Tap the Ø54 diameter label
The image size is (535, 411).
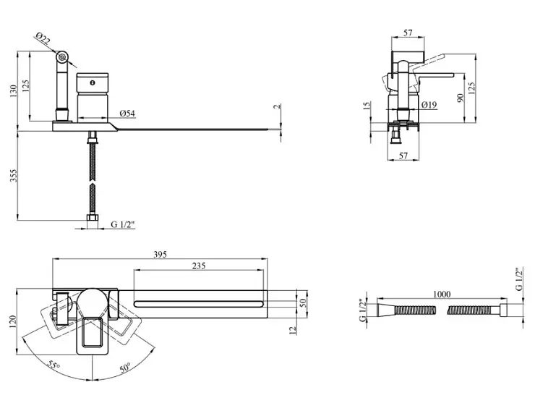(127, 114)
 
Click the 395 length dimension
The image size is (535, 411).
(160, 254)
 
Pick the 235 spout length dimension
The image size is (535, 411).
(198, 266)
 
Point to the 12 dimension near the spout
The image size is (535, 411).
(292, 331)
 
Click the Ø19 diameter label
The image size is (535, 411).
(429, 106)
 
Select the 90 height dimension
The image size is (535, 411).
(461, 98)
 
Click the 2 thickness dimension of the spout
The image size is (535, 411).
(276, 106)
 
